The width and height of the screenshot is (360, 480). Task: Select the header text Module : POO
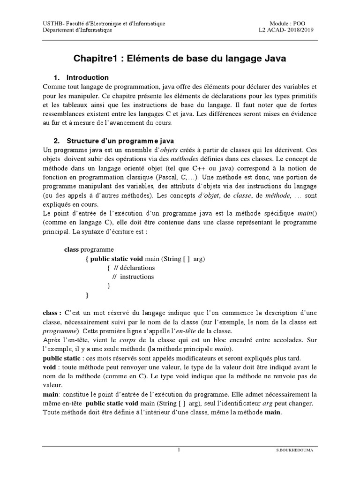[x=288, y=23]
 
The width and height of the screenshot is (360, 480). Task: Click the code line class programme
[x=89, y=249]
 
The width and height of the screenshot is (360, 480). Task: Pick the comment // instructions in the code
[x=133, y=277]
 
